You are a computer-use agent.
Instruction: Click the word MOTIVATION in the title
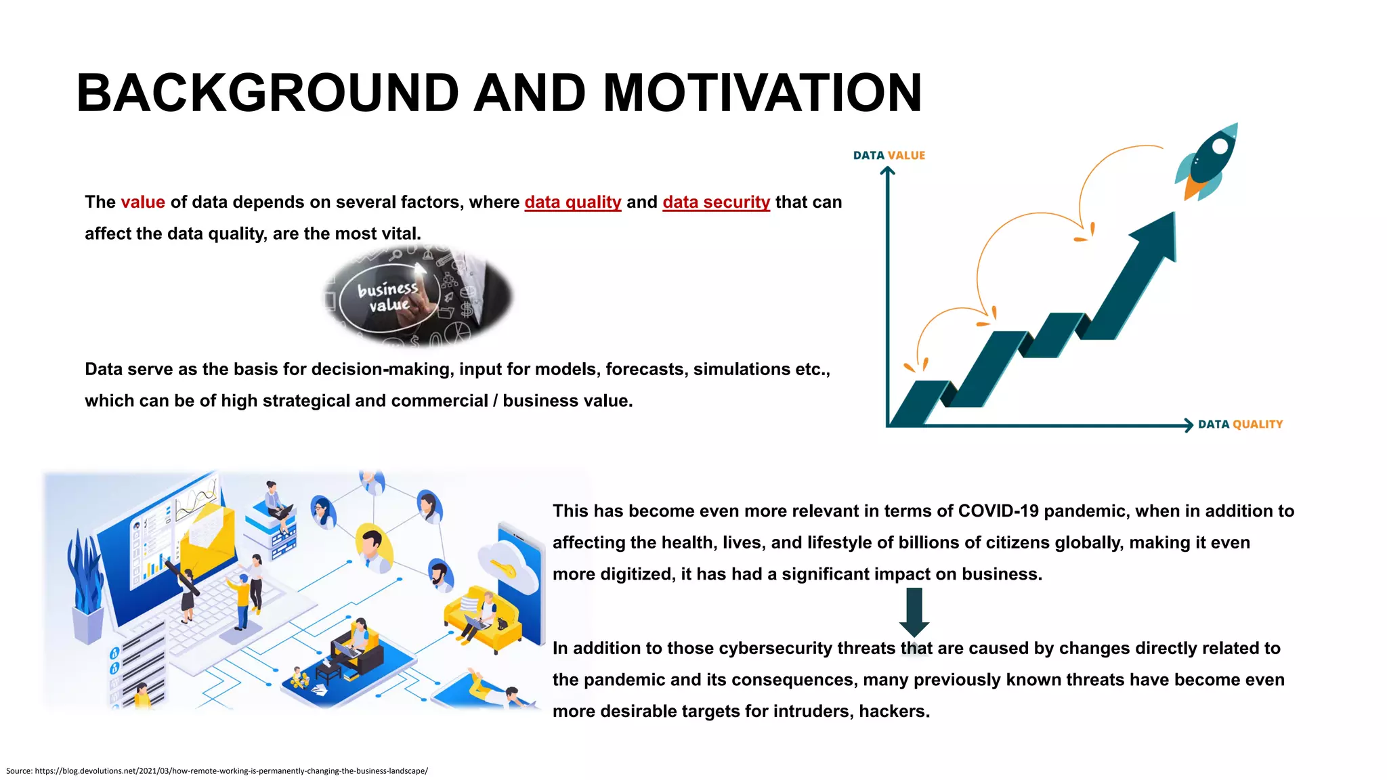[x=762, y=93]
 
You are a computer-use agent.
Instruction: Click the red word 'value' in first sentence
[x=143, y=202]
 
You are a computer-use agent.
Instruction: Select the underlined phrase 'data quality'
[x=572, y=202]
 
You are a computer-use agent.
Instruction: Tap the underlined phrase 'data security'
[x=716, y=202]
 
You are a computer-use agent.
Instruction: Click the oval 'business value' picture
[x=417, y=297]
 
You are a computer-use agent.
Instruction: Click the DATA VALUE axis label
[x=889, y=155]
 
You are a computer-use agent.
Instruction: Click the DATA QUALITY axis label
[x=1240, y=425]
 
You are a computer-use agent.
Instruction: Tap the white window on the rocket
[x=1220, y=146]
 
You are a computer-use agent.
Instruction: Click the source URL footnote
[x=217, y=771]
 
